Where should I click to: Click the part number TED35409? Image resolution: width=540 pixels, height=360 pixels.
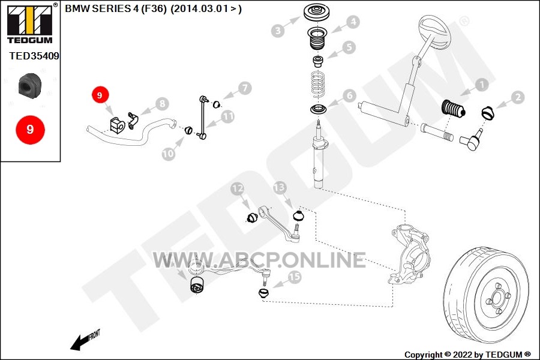[34, 56]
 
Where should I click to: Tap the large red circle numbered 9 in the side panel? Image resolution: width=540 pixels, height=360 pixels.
[31, 130]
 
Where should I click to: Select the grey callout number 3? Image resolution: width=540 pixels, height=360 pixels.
[278, 31]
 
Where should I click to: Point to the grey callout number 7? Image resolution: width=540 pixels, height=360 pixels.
[245, 88]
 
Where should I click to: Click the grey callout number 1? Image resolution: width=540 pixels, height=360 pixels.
[482, 85]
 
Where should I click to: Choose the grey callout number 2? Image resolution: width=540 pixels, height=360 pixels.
[518, 97]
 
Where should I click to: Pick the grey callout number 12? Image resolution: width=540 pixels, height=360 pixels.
[237, 188]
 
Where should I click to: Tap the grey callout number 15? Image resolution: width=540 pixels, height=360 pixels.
[294, 277]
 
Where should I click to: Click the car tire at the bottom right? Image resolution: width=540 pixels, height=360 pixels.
[486, 296]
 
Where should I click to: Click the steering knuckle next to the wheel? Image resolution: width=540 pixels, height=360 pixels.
[409, 253]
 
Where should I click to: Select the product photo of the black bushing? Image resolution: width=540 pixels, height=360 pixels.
[29, 86]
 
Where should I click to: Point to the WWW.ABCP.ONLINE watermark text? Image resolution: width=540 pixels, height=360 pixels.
[259, 260]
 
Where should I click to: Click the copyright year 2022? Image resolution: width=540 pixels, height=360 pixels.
[463, 355]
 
